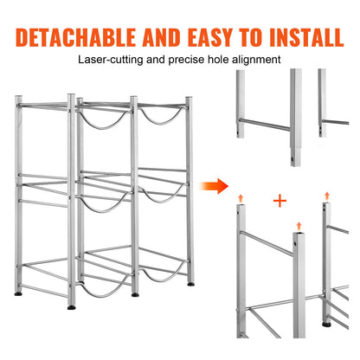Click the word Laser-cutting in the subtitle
pos(107,61)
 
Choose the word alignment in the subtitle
pos(256,61)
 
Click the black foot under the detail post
pos(325,325)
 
